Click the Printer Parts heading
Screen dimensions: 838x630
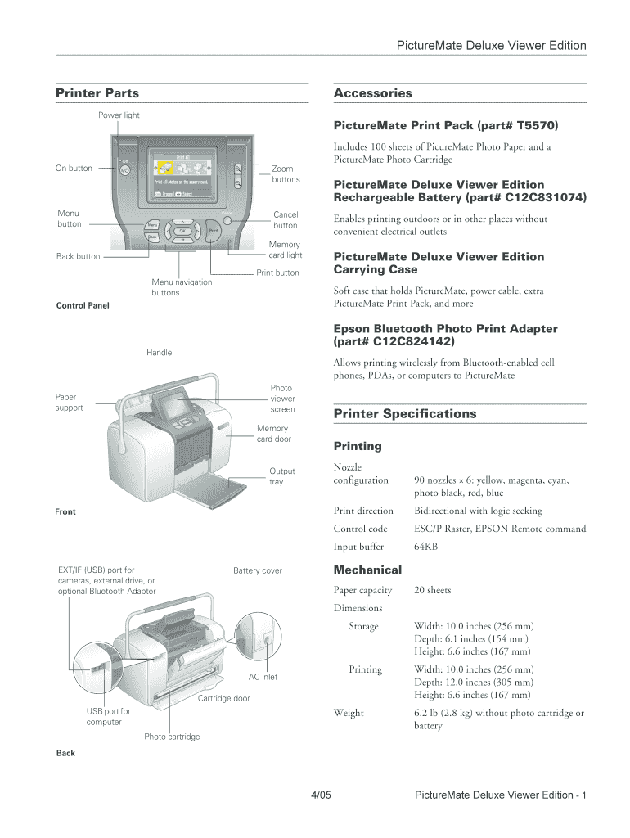point(97,93)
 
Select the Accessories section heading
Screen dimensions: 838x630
point(373,93)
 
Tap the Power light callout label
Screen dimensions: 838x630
point(119,115)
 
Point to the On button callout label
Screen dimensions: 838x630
point(74,169)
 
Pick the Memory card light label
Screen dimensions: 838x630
point(285,250)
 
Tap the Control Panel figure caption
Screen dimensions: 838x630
point(83,306)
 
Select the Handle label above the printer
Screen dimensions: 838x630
point(160,353)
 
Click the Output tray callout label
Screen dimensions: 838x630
point(282,476)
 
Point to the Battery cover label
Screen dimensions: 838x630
point(257,570)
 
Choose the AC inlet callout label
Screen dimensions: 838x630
point(263,678)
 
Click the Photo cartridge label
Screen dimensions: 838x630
point(172,737)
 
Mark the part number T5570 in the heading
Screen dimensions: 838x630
point(531,126)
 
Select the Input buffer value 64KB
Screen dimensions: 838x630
point(425,547)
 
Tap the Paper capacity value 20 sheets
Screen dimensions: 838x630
point(433,590)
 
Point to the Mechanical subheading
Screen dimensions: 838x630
point(367,570)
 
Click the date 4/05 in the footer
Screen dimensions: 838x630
point(320,795)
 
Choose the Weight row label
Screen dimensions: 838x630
point(349,713)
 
